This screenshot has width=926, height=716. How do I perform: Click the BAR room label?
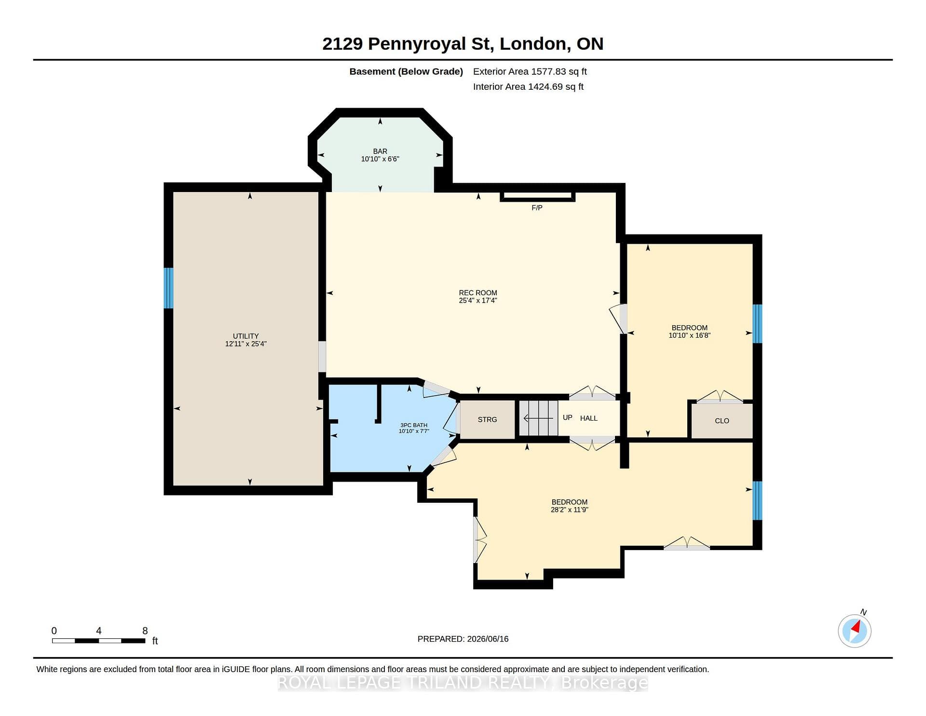[380, 151]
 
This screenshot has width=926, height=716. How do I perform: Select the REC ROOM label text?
[478, 293]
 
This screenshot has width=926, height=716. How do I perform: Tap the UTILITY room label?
[246, 336]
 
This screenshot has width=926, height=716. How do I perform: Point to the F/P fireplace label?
[537, 208]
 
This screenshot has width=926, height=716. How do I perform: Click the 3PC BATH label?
[414, 425]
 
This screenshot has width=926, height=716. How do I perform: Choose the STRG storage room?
[487, 420]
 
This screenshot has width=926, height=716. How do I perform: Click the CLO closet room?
[722, 421]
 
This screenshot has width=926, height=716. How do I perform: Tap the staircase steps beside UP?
[538, 419]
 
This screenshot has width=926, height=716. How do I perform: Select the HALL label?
[589, 418]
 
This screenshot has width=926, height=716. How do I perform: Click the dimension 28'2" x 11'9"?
[570, 509]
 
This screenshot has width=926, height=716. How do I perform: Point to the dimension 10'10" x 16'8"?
[690, 335]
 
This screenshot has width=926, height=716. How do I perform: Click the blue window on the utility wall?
[168, 288]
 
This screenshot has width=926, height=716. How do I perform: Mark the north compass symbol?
[855, 630]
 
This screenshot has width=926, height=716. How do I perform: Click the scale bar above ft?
[99, 641]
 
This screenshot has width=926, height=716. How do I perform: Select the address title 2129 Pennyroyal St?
[408, 44]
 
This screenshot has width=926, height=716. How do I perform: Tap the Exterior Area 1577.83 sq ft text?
[530, 71]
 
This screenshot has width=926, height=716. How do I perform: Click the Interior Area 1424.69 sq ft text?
[528, 87]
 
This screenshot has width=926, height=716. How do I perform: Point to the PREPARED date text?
[463, 639]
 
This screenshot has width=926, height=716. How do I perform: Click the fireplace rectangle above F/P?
[538, 196]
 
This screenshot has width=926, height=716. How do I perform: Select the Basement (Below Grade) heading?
[406, 72]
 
